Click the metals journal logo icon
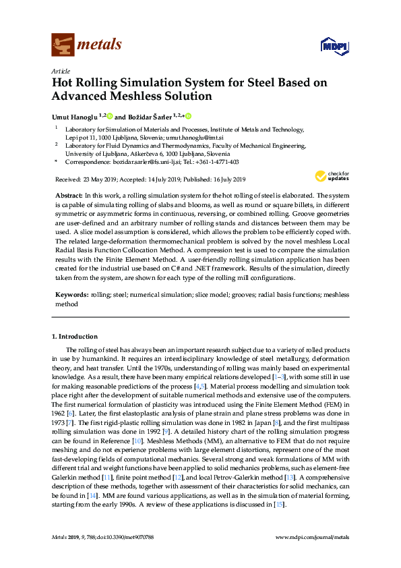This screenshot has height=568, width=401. (x=62, y=45)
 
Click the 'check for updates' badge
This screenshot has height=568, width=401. (x=331, y=177)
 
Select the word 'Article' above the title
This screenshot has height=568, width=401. (x=61, y=71)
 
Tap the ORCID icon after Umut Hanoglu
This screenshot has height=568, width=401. (x=109, y=116)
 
